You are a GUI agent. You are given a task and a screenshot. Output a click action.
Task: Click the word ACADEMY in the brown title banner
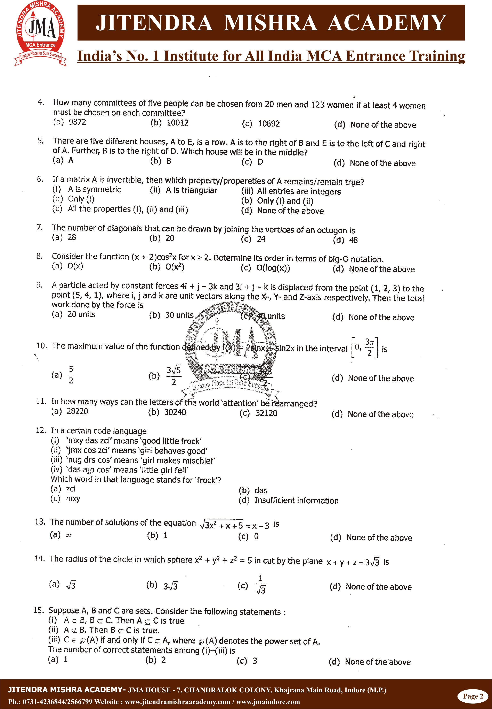pos(387,23)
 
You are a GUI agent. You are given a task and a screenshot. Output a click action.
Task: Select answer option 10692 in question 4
pos(268,124)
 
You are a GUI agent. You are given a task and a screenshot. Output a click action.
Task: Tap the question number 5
pos(40,141)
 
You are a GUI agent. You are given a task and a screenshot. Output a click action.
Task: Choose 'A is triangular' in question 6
pos(191,190)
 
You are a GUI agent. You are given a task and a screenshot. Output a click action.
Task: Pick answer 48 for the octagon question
pos(353,240)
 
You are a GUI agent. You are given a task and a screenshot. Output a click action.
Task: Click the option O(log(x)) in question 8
pos(273,268)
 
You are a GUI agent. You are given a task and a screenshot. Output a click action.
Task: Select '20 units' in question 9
pos(81,314)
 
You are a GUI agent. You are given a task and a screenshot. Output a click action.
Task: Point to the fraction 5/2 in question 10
pos(71,375)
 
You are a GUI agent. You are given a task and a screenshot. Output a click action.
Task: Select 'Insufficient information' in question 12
pos(296,500)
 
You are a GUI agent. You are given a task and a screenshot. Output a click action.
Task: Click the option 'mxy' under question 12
pos(73,498)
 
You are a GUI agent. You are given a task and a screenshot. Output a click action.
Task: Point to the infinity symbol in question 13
pos(68,535)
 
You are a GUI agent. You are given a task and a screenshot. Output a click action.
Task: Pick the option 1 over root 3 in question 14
pos(260,584)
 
